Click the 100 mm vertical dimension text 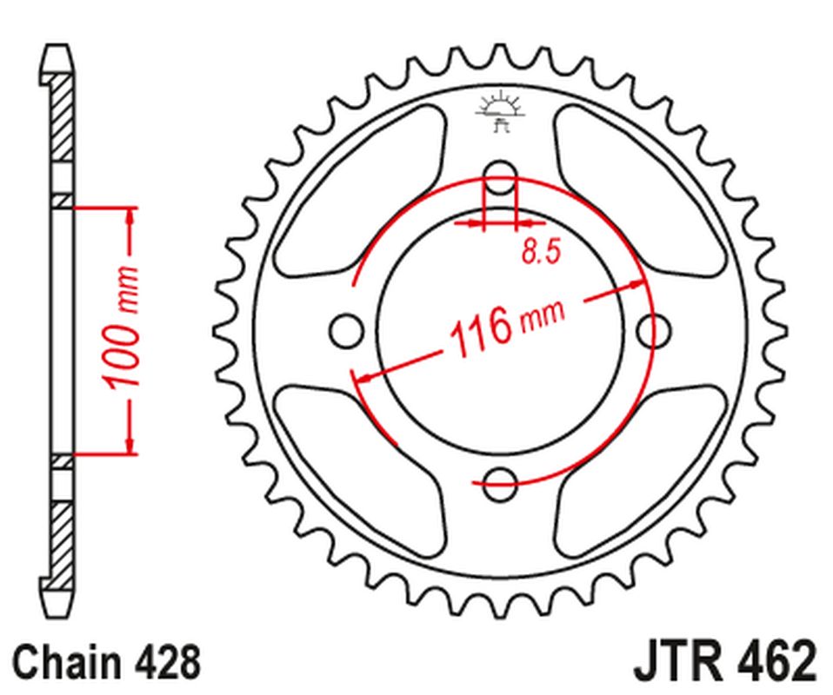121,329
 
